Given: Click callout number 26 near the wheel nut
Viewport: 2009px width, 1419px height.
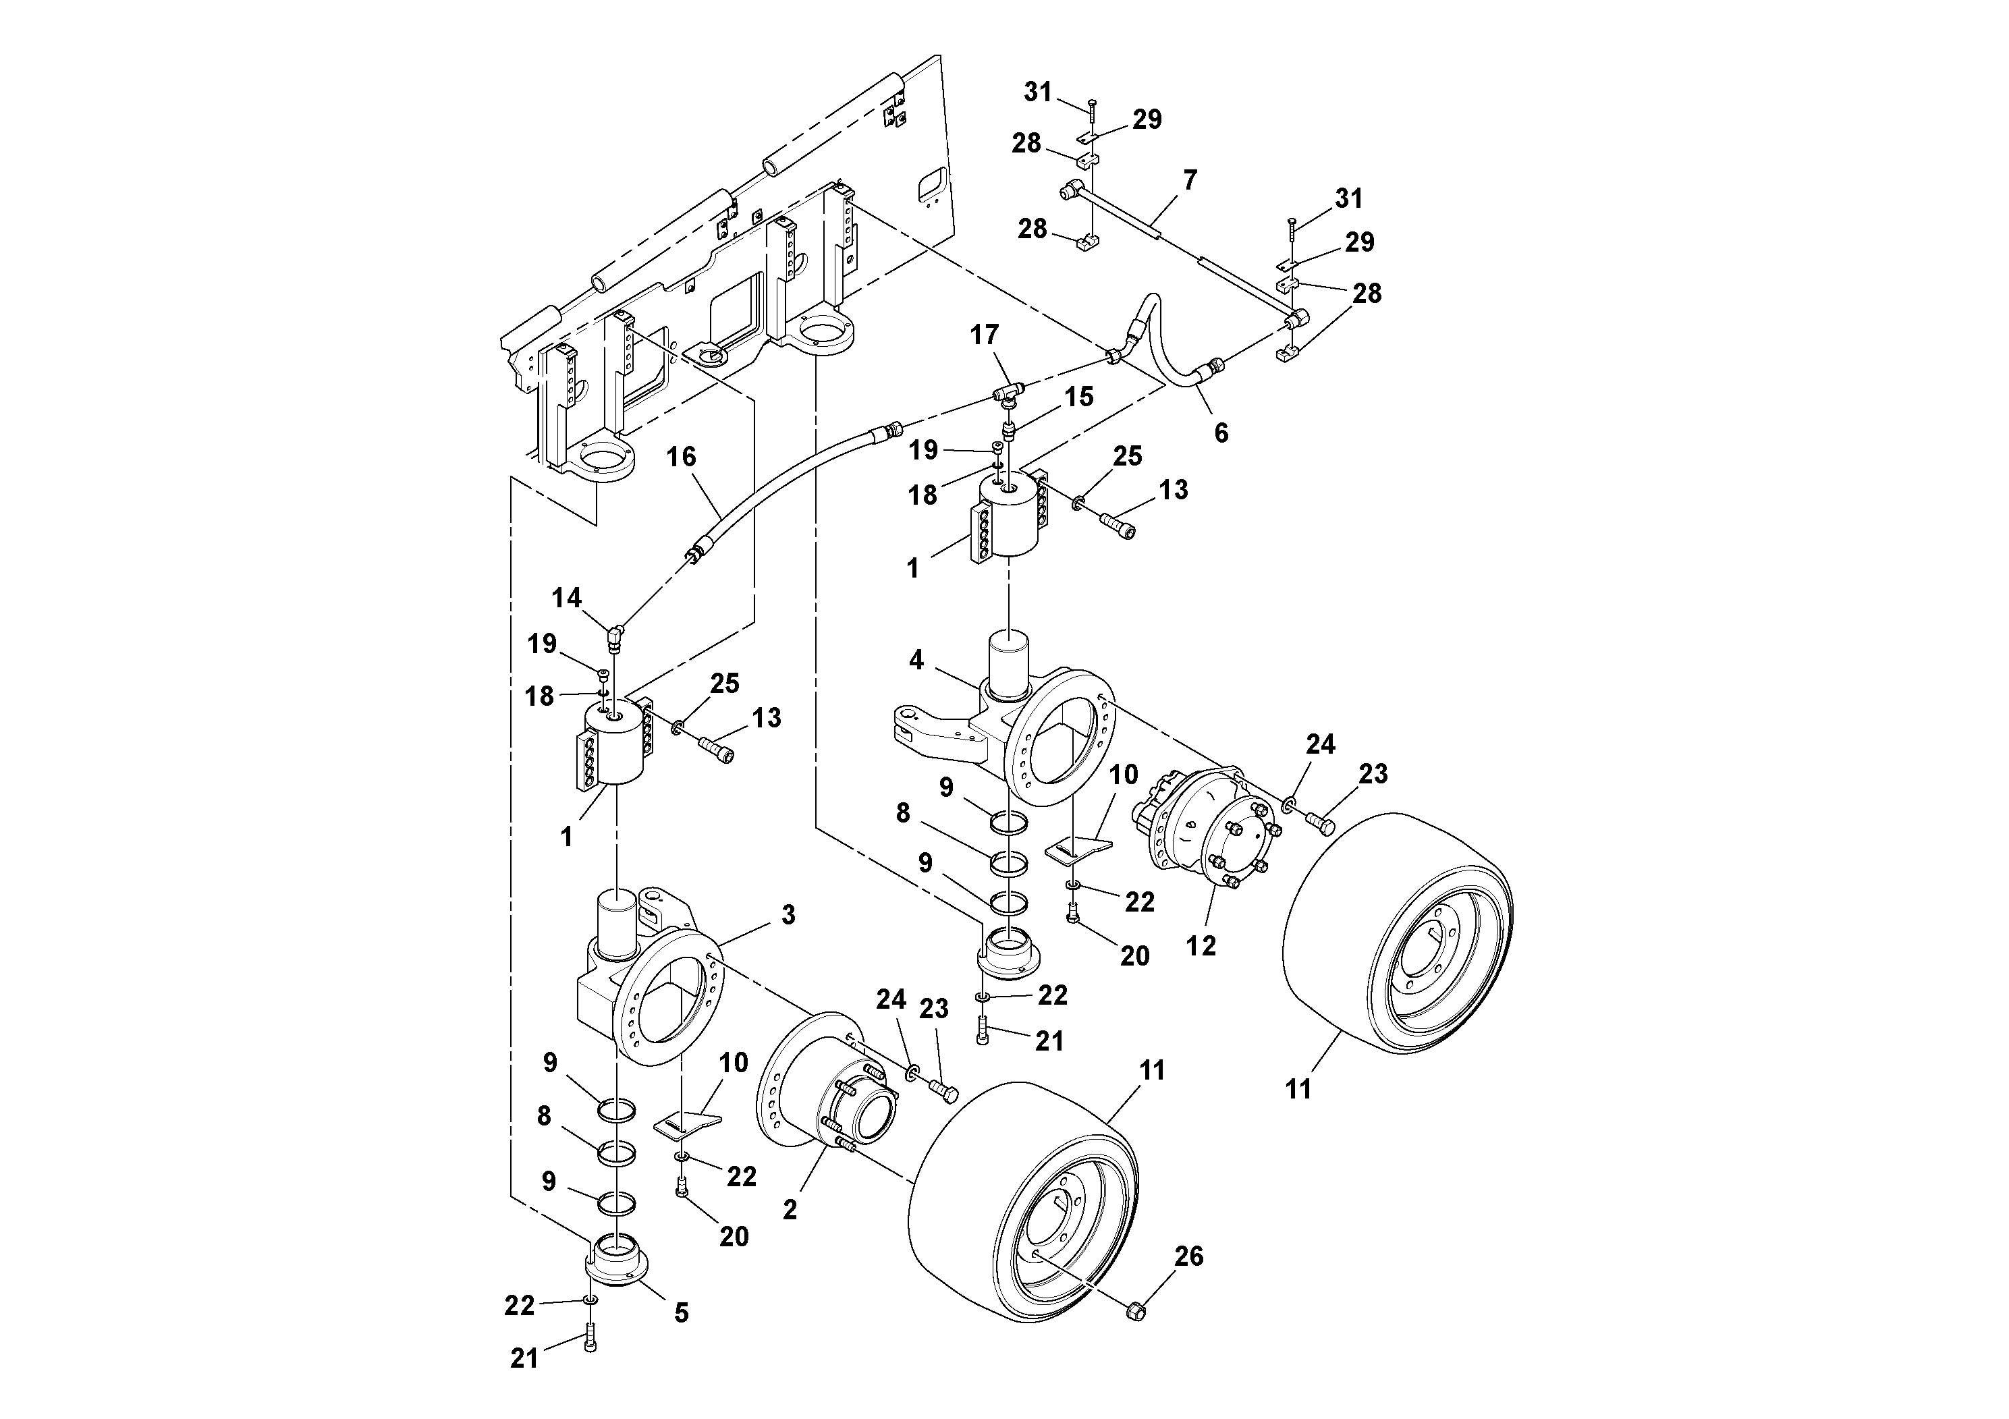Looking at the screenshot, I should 1188,1257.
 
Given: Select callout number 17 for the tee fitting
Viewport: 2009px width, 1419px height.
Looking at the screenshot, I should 985,335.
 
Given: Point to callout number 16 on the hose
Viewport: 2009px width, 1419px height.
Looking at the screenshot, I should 681,457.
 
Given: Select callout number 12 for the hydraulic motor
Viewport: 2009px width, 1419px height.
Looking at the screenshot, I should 1201,946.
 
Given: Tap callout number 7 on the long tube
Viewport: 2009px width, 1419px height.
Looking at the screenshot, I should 1189,181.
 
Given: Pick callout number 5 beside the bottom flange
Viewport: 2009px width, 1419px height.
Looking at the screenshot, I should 681,1312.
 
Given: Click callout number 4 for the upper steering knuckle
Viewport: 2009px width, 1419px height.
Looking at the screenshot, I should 916,660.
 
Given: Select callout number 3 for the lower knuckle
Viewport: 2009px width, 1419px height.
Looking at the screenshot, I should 788,915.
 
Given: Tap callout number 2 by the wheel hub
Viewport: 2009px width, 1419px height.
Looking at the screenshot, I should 790,1210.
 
